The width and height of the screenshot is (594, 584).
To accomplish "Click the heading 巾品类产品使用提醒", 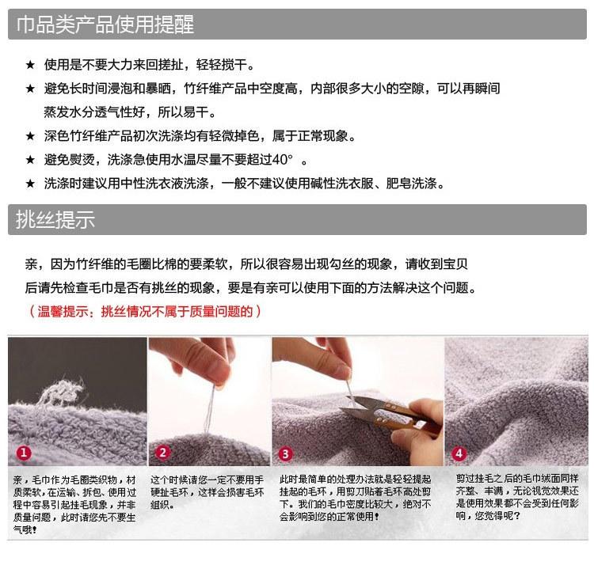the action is tap(105, 25).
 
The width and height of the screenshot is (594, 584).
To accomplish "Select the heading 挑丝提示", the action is tap(55, 219).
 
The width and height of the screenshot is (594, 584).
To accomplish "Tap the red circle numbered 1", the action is tap(24, 453).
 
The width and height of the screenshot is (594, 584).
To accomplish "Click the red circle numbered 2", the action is tap(162, 453).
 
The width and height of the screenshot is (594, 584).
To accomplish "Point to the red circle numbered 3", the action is tap(286, 453).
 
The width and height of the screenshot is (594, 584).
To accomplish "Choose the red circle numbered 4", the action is tap(459, 453).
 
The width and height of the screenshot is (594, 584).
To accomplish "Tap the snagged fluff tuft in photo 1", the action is tap(63, 392).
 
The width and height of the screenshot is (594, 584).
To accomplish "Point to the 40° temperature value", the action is tap(282, 160).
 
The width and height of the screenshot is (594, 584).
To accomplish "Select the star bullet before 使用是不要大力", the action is tap(30, 65).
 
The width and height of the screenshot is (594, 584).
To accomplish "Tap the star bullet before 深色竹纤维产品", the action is tap(30, 136).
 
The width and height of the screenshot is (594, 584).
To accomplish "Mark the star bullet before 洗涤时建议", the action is tap(30, 184).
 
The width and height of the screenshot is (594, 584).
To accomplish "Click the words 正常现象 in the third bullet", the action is tap(322, 136).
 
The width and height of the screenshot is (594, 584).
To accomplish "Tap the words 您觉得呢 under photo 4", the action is tap(493, 515).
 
